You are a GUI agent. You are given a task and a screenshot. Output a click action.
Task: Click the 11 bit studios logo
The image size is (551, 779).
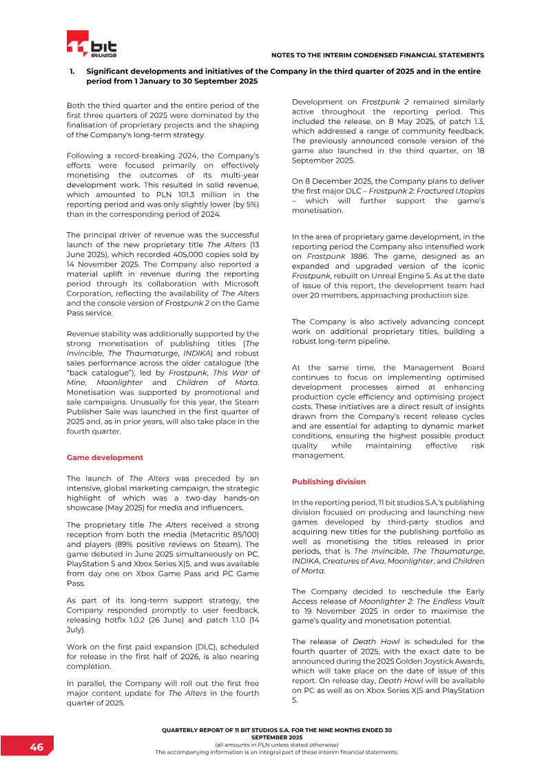point(92,45)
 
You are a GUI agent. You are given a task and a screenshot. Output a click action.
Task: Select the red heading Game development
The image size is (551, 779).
point(105,457)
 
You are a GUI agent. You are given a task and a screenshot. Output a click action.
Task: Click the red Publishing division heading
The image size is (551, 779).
point(329,481)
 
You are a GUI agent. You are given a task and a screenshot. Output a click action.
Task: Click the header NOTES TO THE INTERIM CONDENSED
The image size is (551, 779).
point(378,54)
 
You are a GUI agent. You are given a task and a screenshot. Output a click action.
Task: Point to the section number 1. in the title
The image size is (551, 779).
point(72,72)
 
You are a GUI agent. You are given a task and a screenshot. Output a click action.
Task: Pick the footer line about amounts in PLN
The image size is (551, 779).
point(276,745)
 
